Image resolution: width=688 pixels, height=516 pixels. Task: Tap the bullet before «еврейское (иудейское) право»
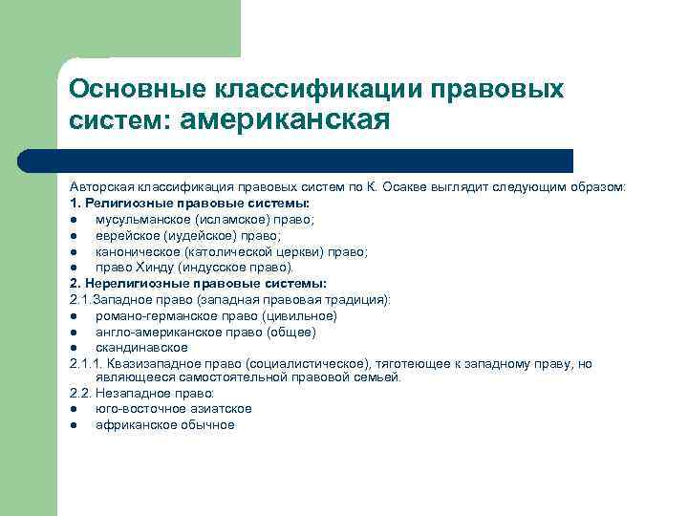(x=75, y=236)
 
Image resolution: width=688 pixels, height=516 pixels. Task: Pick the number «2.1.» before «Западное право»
(x=80, y=299)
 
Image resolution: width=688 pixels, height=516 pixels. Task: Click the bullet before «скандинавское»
(x=75, y=348)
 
